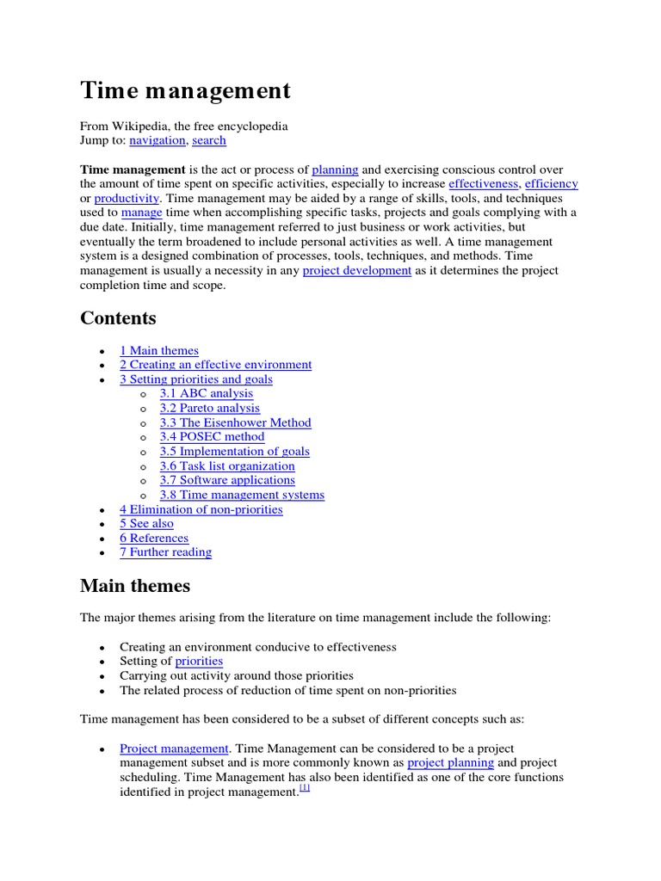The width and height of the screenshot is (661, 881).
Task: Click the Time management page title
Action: [x=185, y=91]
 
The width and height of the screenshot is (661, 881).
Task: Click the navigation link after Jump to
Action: [x=158, y=140]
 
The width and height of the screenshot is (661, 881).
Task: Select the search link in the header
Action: [x=209, y=140]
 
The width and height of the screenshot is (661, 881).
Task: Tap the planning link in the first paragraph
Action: [x=335, y=169]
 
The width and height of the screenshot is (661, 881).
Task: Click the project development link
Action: [x=356, y=270]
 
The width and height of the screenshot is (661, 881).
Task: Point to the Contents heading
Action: [x=118, y=318]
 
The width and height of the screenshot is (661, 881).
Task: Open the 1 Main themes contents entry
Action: [x=159, y=350]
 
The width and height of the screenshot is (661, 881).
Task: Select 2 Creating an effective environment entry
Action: [x=215, y=365]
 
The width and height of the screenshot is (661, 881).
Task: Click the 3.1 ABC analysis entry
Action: [x=207, y=393]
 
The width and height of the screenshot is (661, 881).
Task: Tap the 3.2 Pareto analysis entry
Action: [x=209, y=408]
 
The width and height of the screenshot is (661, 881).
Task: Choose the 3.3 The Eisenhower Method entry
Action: [x=235, y=422]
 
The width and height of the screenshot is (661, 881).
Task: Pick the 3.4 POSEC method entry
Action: [x=212, y=436]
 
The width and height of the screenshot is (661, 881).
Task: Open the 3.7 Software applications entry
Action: [x=227, y=480]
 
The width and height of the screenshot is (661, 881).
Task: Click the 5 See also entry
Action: [x=146, y=523]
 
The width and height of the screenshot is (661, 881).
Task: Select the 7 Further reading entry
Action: [x=165, y=552]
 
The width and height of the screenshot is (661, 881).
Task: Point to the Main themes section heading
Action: [x=135, y=586]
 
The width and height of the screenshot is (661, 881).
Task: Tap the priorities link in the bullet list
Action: [x=199, y=661]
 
